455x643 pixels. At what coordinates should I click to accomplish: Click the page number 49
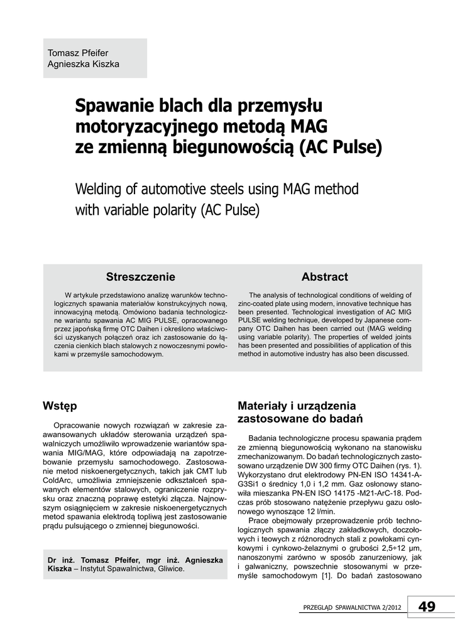pos(426,606)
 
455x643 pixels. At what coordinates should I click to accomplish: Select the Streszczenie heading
pos(141,277)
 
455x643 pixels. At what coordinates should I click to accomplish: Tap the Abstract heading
pos(324,277)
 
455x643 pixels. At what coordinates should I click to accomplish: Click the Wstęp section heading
pos(60,406)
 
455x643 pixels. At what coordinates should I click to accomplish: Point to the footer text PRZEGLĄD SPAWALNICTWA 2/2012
pos(353,607)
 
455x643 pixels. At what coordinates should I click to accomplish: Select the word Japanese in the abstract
pos(373,319)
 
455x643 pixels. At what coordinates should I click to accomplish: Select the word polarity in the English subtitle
pos(171,209)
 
